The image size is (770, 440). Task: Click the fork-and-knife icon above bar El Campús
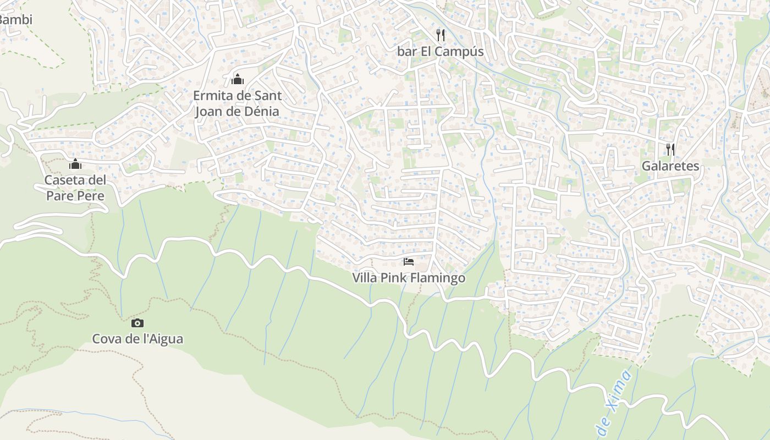click(440, 35)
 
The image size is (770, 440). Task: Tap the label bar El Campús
click(440, 52)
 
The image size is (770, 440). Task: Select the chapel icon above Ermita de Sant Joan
click(238, 79)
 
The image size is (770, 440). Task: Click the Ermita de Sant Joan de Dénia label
click(238, 103)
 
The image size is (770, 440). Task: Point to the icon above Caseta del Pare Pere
click(75, 164)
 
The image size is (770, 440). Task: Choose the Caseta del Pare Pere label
click(75, 188)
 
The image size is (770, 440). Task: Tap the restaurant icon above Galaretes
click(670, 149)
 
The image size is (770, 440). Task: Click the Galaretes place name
click(670, 166)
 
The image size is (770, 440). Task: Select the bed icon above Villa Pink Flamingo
click(408, 261)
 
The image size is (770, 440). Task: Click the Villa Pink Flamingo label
click(409, 278)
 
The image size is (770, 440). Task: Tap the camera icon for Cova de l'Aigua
click(137, 323)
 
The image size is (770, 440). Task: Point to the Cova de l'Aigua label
click(137, 339)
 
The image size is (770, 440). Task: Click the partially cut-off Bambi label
click(15, 20)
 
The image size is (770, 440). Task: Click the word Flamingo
click(437, 278)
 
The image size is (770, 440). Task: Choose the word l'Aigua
click(163, 339)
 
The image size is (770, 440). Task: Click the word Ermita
click(212, 96)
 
